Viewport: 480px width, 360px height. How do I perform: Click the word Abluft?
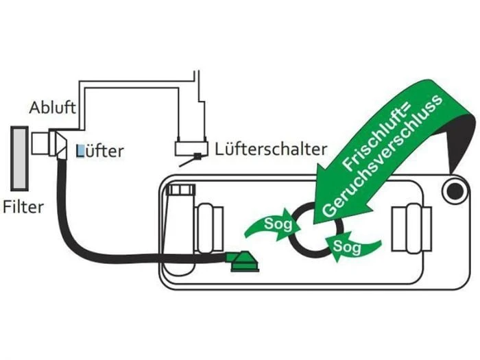[52, 108]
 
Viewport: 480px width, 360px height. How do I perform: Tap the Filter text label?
[23, 206]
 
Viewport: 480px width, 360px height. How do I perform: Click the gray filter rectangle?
[19, 158]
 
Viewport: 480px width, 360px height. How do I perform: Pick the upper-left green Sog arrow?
[270, 225]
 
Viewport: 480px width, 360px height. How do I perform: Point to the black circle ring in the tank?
[309, 229]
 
